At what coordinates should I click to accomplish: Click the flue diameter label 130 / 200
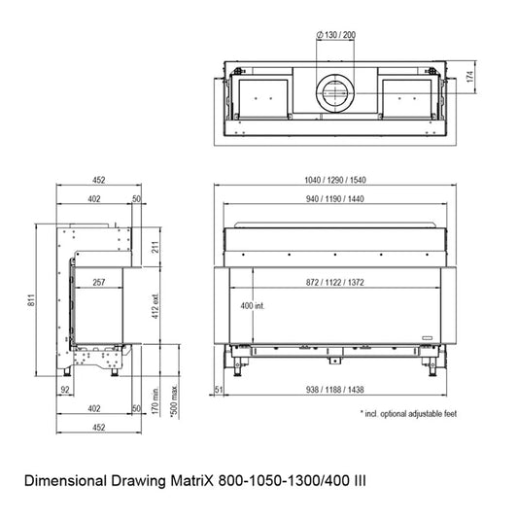[336, 35]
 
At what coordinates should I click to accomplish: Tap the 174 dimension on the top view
[470, 77]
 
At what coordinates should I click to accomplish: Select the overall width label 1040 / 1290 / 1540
[335, 180]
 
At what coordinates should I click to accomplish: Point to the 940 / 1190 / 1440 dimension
[335, 199]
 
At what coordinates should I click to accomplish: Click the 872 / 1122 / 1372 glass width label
[335, 283]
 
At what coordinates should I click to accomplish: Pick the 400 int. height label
[253, 306]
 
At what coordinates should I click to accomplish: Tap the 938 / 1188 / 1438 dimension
[335, 390]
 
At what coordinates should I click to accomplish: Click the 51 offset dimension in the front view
[219, 390]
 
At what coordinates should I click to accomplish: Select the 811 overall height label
[31, 300]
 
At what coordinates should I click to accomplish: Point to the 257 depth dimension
[99, 283]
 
